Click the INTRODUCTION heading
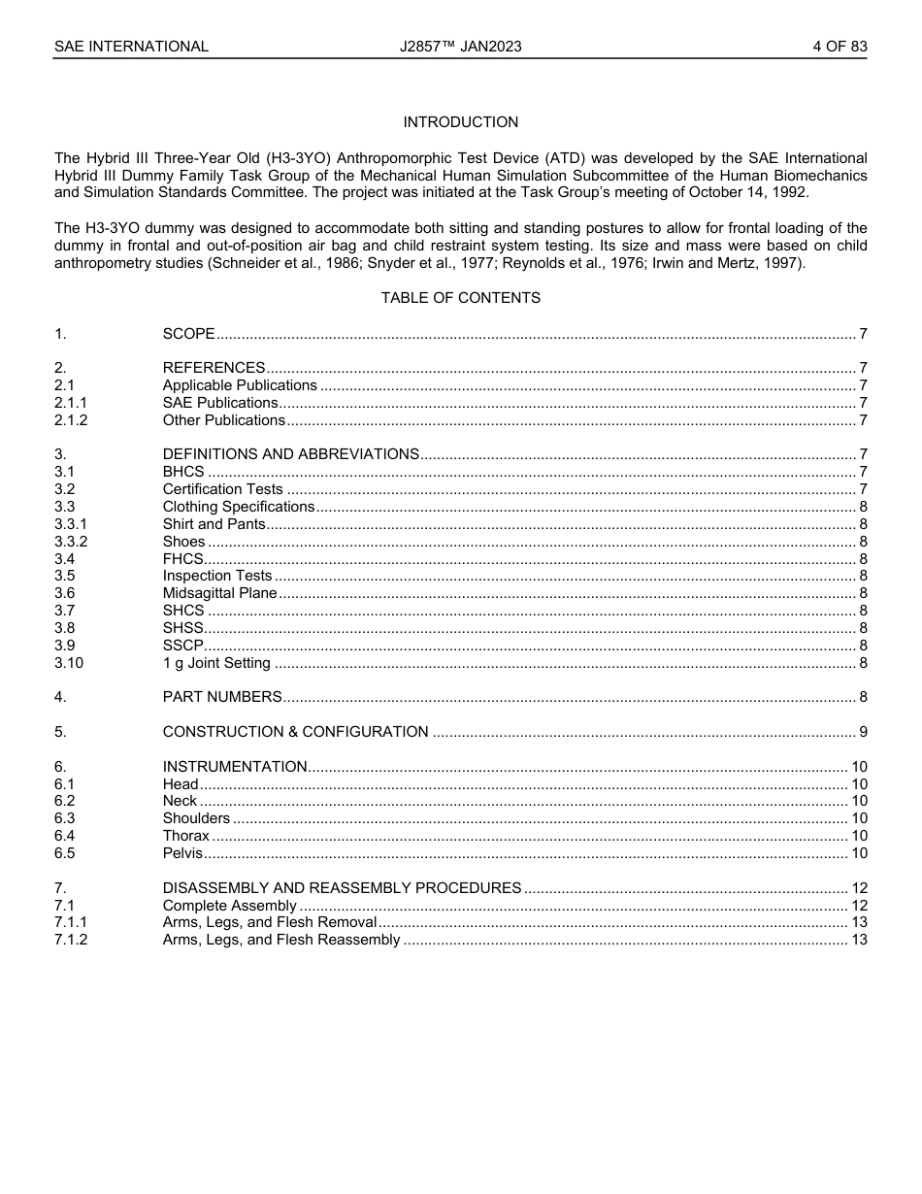460,122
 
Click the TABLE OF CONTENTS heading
460,298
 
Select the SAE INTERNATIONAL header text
131,47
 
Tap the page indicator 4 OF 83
840,47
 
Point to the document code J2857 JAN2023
460,47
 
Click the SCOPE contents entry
188,334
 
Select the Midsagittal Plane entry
219,593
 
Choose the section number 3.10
69,663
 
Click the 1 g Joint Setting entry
216,663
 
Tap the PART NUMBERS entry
222,697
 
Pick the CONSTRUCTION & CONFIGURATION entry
295,732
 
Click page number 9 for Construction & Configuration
863,732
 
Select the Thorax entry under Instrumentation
185,836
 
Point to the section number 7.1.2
71,940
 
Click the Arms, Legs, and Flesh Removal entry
269,922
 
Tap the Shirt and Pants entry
214,524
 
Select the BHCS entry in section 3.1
183,472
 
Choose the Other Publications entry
223,420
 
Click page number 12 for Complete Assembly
859,906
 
